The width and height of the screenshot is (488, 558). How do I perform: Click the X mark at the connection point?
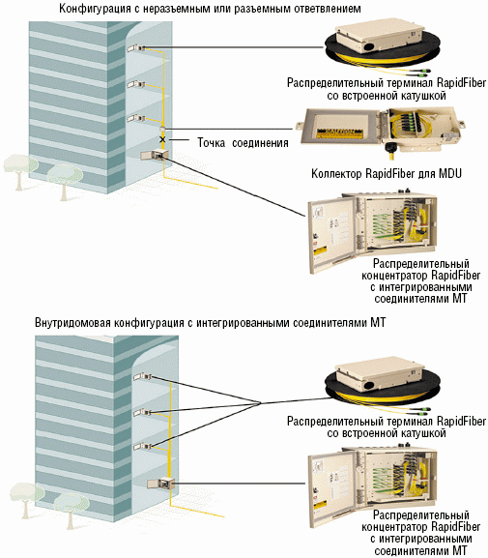pyautogui.click(x=162, y=139)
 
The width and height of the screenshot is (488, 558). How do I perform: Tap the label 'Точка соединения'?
pyautogui.click(x=243, y=143)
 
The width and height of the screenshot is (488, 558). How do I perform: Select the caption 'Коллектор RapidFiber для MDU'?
pyautogui.click(x=387, y=174)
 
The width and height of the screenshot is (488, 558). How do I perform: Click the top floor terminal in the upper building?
pyautogui.click(x=135, y=48)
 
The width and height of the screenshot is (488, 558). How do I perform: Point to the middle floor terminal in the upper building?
pyautogui.click(x=136, y=85)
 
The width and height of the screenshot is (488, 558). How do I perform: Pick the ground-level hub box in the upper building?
pyautogui.click(x=154, y=155)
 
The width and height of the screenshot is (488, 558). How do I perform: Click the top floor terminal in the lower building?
pyautogui.click(x=142, y=376)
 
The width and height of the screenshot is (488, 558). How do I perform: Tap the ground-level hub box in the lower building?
pyautogui.click(x=160, y=483)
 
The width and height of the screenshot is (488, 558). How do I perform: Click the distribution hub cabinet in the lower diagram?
pyautogui.click(x=372, y=485)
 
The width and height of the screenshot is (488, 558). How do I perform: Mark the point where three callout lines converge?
pyautogui.click(x=261, y=403)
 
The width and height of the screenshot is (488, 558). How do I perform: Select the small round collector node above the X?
pyautogui.click(x=162, y=128)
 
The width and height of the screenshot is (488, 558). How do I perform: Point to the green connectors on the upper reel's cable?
pyautogui.click(x=422, y=72)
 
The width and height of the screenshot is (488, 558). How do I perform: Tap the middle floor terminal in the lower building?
pyautogui.click(x=142, y=412)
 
